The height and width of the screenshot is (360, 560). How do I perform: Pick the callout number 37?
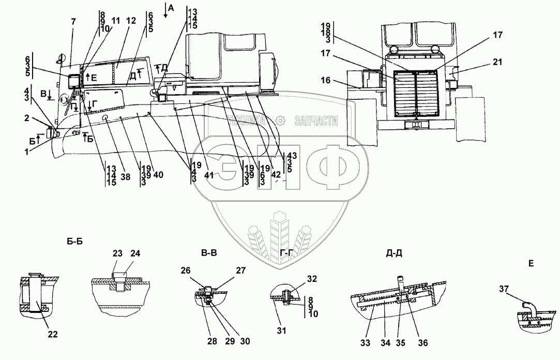pyautogui.click(x=504, y=289)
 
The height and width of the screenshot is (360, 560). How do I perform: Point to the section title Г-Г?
pyautogui.click(x=287, y=253)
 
